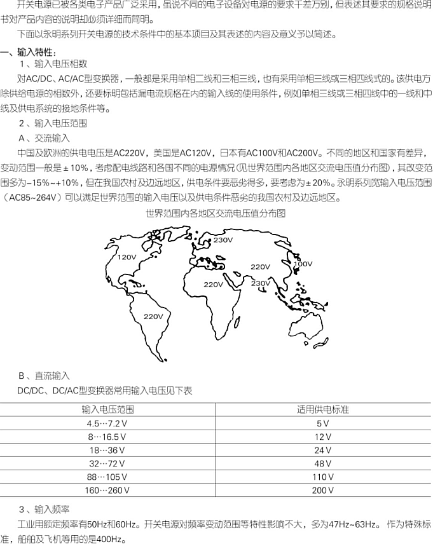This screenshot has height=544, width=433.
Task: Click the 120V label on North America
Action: point(127,257)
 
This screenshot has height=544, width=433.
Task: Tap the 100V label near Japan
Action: point(303,264)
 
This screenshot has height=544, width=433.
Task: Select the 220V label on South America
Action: point(153,316)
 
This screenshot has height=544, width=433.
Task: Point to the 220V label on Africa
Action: point(214,284)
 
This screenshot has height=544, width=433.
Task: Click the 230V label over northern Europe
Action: point(223,240)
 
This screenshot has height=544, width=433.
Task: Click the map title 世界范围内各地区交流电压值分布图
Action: point(216,214)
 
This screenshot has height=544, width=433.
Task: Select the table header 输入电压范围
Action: point(108,410)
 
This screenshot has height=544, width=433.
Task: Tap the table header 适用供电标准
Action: point(323,410)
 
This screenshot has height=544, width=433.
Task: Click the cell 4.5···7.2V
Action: point(108,423)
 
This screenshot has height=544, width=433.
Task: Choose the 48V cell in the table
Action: point(323,463)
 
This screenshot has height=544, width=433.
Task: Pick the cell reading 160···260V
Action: point(108,490)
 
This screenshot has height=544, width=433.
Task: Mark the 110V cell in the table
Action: point(323,477)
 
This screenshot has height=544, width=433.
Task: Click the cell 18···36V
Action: point(108,450)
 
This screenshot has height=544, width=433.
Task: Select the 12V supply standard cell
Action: point(323,437)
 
